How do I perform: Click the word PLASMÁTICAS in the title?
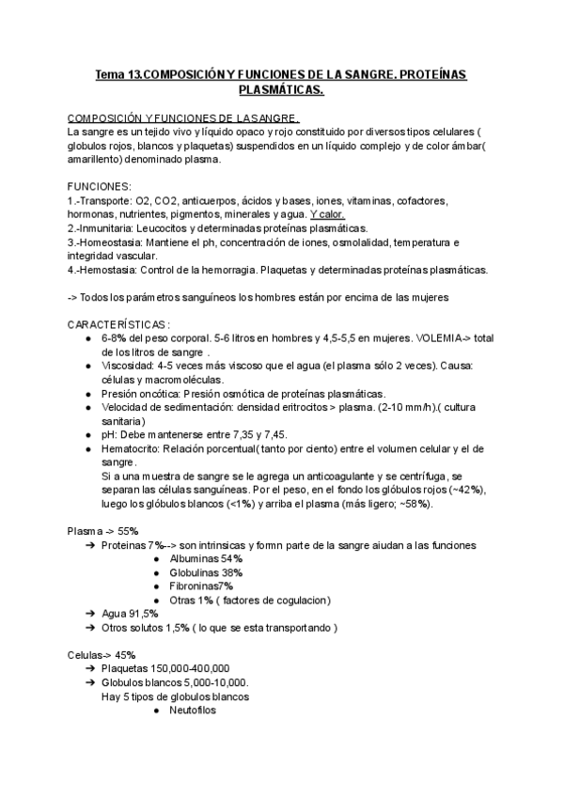tap(281, 89)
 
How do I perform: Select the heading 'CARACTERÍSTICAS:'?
tap(118, 324)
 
